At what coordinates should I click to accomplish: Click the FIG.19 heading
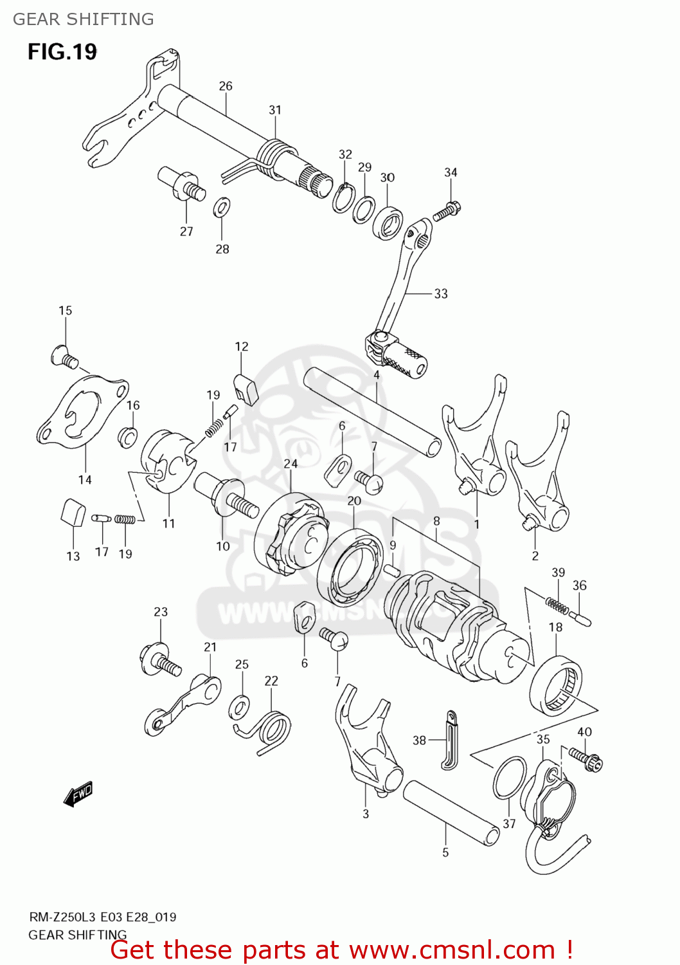62,51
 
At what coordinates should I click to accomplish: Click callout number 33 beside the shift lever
440,293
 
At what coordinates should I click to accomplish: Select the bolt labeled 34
448,210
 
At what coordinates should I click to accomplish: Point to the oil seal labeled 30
389,223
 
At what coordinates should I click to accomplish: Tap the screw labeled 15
64,356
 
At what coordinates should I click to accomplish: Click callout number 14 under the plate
85,479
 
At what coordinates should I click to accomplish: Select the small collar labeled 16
128,437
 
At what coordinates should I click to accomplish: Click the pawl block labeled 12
244,389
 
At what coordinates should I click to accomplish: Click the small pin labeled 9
392,570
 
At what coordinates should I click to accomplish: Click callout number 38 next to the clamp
419,740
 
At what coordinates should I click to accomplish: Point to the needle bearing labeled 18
557,686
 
